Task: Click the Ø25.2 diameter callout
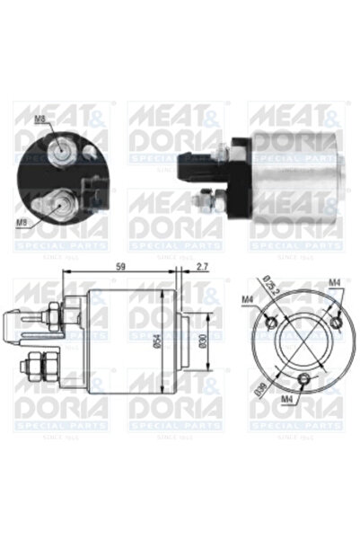(x=270, y=288)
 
